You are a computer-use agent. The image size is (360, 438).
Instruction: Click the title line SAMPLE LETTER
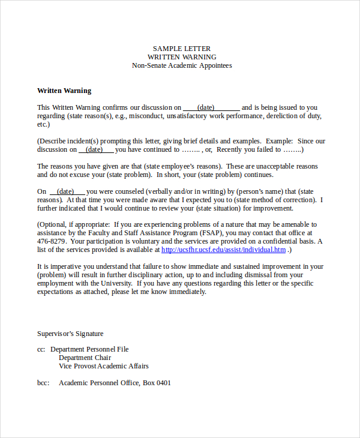(182, 49)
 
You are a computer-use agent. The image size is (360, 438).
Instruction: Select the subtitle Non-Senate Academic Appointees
(182, 65)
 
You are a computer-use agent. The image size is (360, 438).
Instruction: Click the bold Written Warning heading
(64, 91)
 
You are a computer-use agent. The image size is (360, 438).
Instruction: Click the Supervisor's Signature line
(70, 334)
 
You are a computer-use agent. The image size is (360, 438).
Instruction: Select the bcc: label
(44, 383)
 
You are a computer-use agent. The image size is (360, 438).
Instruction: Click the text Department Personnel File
(89, 349)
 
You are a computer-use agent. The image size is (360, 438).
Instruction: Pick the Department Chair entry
(85, 358)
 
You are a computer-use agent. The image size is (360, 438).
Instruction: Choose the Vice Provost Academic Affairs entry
(103, 366)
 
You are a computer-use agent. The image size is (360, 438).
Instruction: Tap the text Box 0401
(157, 383)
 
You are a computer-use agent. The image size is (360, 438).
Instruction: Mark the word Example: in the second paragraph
(281, 141)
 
